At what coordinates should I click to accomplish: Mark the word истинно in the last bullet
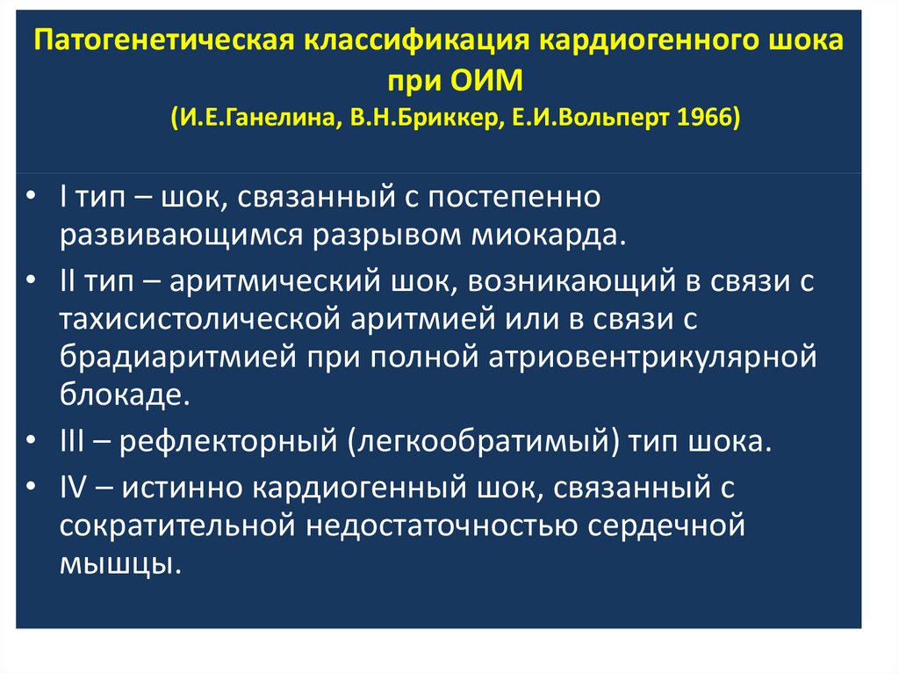173,485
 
